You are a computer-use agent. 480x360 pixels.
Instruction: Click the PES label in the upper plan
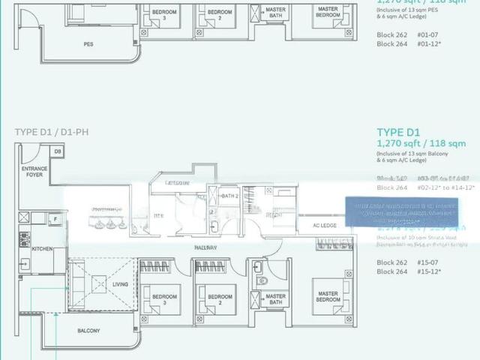pos(88,43)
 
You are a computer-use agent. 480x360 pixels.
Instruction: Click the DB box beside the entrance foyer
pos(57,151)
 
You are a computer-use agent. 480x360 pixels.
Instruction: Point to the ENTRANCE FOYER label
pos(34,173)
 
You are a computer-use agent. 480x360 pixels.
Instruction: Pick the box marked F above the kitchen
pos(55,218)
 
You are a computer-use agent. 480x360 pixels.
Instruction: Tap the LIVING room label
pos(121,284)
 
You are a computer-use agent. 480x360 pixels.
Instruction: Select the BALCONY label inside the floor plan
pos(89,330)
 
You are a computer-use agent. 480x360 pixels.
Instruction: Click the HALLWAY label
pos(206,247)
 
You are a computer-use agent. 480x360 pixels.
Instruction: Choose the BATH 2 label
pos(229,196)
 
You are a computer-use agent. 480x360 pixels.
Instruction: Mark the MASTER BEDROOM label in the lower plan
pos(328,297)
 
